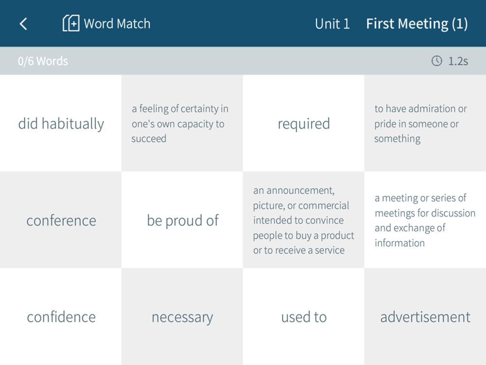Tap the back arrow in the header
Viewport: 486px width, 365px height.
coord(23,24)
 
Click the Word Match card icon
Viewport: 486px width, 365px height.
coord(71,23)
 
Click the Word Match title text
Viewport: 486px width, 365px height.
coord(117,23)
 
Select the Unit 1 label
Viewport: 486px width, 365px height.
coord(332,23)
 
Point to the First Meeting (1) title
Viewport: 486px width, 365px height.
coord(417,24)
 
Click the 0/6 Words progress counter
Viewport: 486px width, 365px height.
coord(43,61)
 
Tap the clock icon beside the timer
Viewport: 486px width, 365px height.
coord(437,61)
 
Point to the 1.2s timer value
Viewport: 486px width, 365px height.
coord(458,61)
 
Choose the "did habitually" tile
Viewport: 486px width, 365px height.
coord(61,123)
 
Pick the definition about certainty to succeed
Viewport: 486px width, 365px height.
coord(182,123)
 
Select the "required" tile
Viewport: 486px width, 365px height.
coord(304,123)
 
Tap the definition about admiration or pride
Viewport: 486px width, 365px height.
coord(425,123)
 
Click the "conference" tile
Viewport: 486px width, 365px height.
coord(61,220)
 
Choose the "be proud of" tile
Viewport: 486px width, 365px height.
coord(182,220)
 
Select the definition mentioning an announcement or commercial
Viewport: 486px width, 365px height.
coord(304,220)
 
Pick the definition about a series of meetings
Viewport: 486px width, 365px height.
coord(425,220)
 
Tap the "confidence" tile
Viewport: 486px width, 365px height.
coord(61,317)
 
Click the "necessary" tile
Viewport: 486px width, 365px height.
coord(182,317)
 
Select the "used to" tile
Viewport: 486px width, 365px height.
coord(304,317)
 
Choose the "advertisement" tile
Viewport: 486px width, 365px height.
coord(425,317)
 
